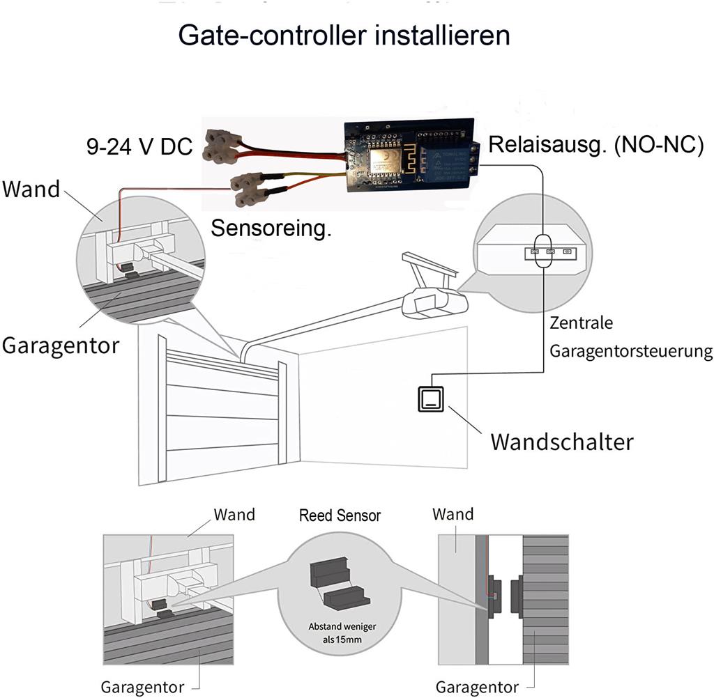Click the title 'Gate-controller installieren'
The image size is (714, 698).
[344, 35]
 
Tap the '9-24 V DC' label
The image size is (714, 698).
[139, 146]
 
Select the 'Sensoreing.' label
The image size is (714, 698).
[271, 228]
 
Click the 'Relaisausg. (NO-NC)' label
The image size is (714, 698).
[596, 145]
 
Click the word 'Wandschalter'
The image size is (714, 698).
[562, 442]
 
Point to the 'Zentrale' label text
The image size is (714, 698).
[581, 323]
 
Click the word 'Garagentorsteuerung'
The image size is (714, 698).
[631, 350]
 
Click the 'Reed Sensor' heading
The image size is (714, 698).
[340, 516]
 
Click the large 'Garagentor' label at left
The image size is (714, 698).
[61, 345]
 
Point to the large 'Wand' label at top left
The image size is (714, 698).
[31, 189]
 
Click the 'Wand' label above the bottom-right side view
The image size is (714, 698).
[453, 515]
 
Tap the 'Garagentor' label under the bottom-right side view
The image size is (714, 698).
[477, 687]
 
